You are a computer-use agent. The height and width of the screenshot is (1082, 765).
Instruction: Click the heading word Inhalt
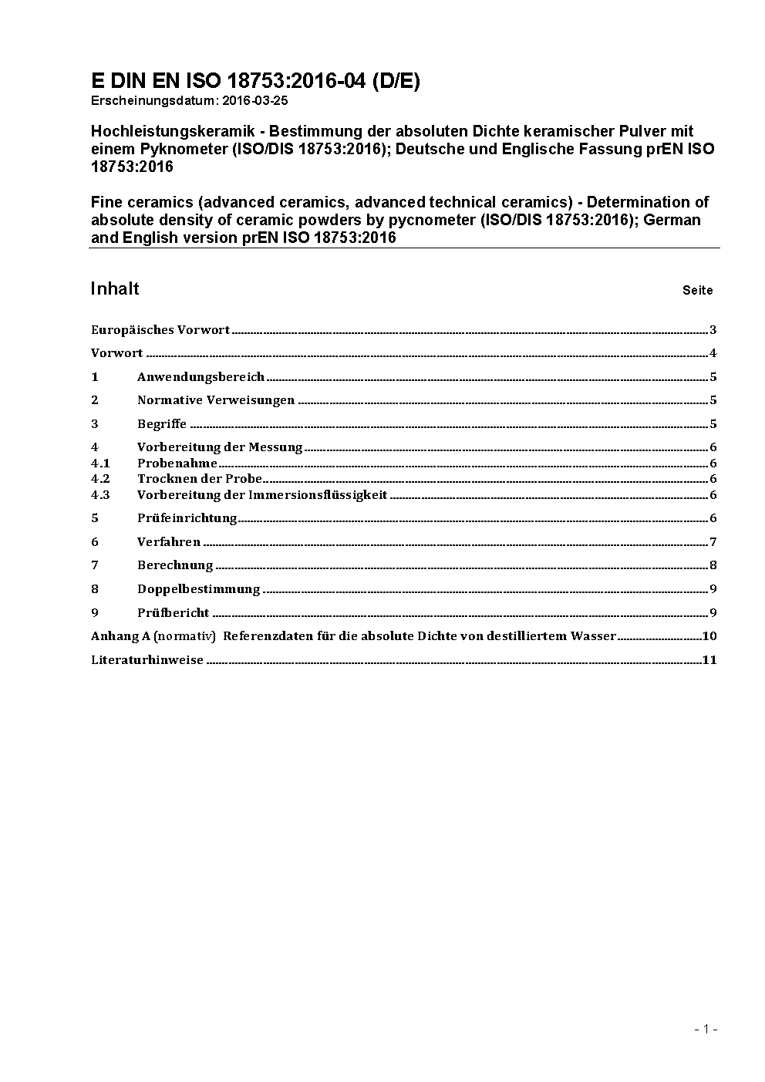115,288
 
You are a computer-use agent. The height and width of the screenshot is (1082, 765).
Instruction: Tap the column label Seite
697,291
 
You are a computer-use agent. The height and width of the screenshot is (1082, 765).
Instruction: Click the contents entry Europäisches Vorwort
160,330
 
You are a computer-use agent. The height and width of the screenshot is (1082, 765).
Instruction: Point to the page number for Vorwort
713,354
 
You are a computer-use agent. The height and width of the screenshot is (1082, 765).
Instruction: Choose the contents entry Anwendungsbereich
201,377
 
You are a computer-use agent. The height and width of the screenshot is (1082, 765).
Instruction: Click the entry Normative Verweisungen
216,400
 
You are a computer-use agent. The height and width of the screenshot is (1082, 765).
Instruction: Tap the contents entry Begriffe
162,424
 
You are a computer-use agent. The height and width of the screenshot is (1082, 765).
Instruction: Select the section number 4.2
100,479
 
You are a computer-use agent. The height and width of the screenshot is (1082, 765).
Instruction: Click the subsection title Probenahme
177,463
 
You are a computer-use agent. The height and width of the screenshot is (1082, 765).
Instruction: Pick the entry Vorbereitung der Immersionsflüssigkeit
262,495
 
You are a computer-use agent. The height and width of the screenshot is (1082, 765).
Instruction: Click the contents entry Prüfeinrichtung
187,518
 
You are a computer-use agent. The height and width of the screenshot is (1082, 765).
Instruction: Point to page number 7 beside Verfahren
713,542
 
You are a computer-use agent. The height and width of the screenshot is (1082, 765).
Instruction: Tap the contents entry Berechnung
175,565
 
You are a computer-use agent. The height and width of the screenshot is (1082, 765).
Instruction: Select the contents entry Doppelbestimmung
198,589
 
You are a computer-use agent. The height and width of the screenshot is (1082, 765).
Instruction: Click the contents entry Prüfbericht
174,613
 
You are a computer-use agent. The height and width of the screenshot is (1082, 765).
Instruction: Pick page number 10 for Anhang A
709,636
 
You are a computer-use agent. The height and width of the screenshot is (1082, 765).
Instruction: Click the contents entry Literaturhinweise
147,660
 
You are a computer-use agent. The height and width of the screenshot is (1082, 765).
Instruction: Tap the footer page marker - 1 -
706,1029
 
